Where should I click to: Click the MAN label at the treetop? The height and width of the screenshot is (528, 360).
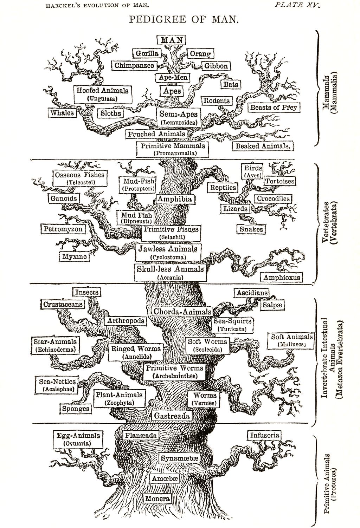[171, 40]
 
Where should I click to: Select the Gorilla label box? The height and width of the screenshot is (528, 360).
[147, 53]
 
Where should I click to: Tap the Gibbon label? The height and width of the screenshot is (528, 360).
[216, 66]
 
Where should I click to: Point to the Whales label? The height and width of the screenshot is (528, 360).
[62, 113]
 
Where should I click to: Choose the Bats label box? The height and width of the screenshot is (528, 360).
[231, 84]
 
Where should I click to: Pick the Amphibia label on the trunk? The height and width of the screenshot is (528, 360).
[174, 199]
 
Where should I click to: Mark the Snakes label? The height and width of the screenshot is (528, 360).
[251, 229]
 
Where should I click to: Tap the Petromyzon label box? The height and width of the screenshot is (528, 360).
[63, 229]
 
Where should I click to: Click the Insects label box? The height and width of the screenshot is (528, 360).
[86, 292]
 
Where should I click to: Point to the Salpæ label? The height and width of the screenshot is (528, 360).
[272, 305]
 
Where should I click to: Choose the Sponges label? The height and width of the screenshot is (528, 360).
[76, 409]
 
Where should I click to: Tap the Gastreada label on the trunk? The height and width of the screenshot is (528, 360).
[172, 416]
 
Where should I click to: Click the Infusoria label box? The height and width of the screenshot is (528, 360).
[264, 435]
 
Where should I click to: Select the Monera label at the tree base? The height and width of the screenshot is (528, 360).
[157, 498]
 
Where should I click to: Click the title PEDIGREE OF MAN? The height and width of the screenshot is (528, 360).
[184, 19]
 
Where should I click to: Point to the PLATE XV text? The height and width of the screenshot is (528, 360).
[297, 5]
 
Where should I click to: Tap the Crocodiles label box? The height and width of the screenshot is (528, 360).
[273, 199]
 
